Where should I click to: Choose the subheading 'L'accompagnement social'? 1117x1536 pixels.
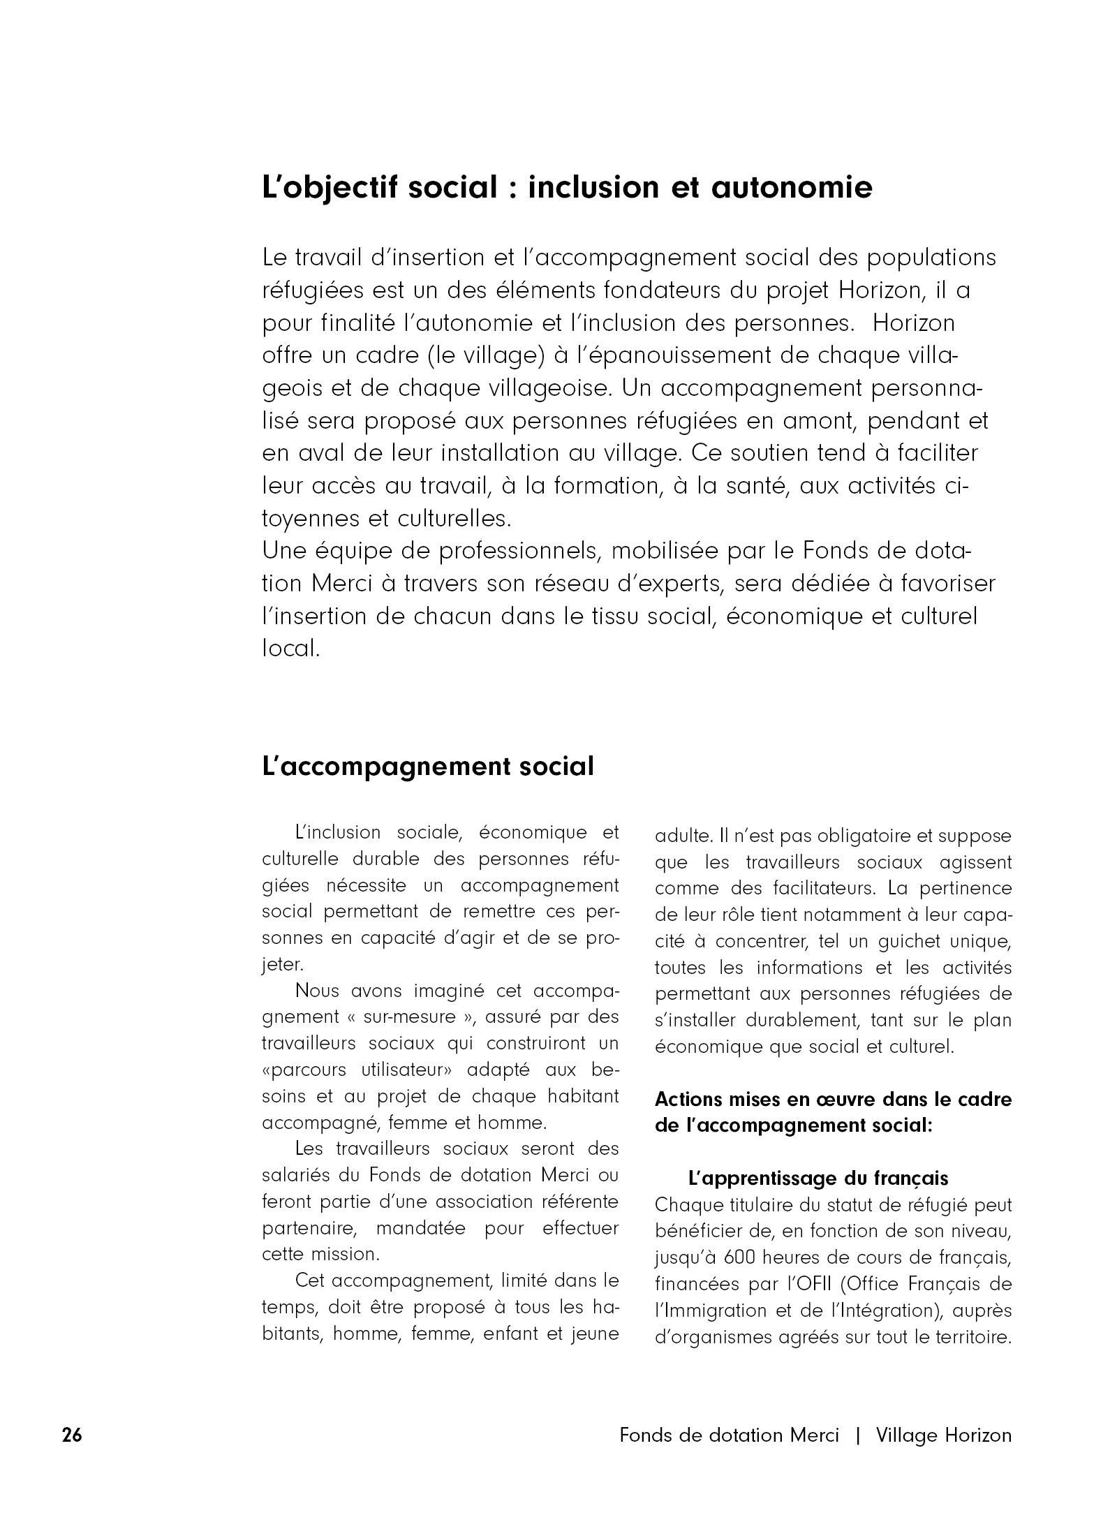(427, 767)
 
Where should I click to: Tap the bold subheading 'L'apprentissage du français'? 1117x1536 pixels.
(818, 1179)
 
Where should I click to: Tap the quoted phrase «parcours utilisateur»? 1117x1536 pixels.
(357, 1070)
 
